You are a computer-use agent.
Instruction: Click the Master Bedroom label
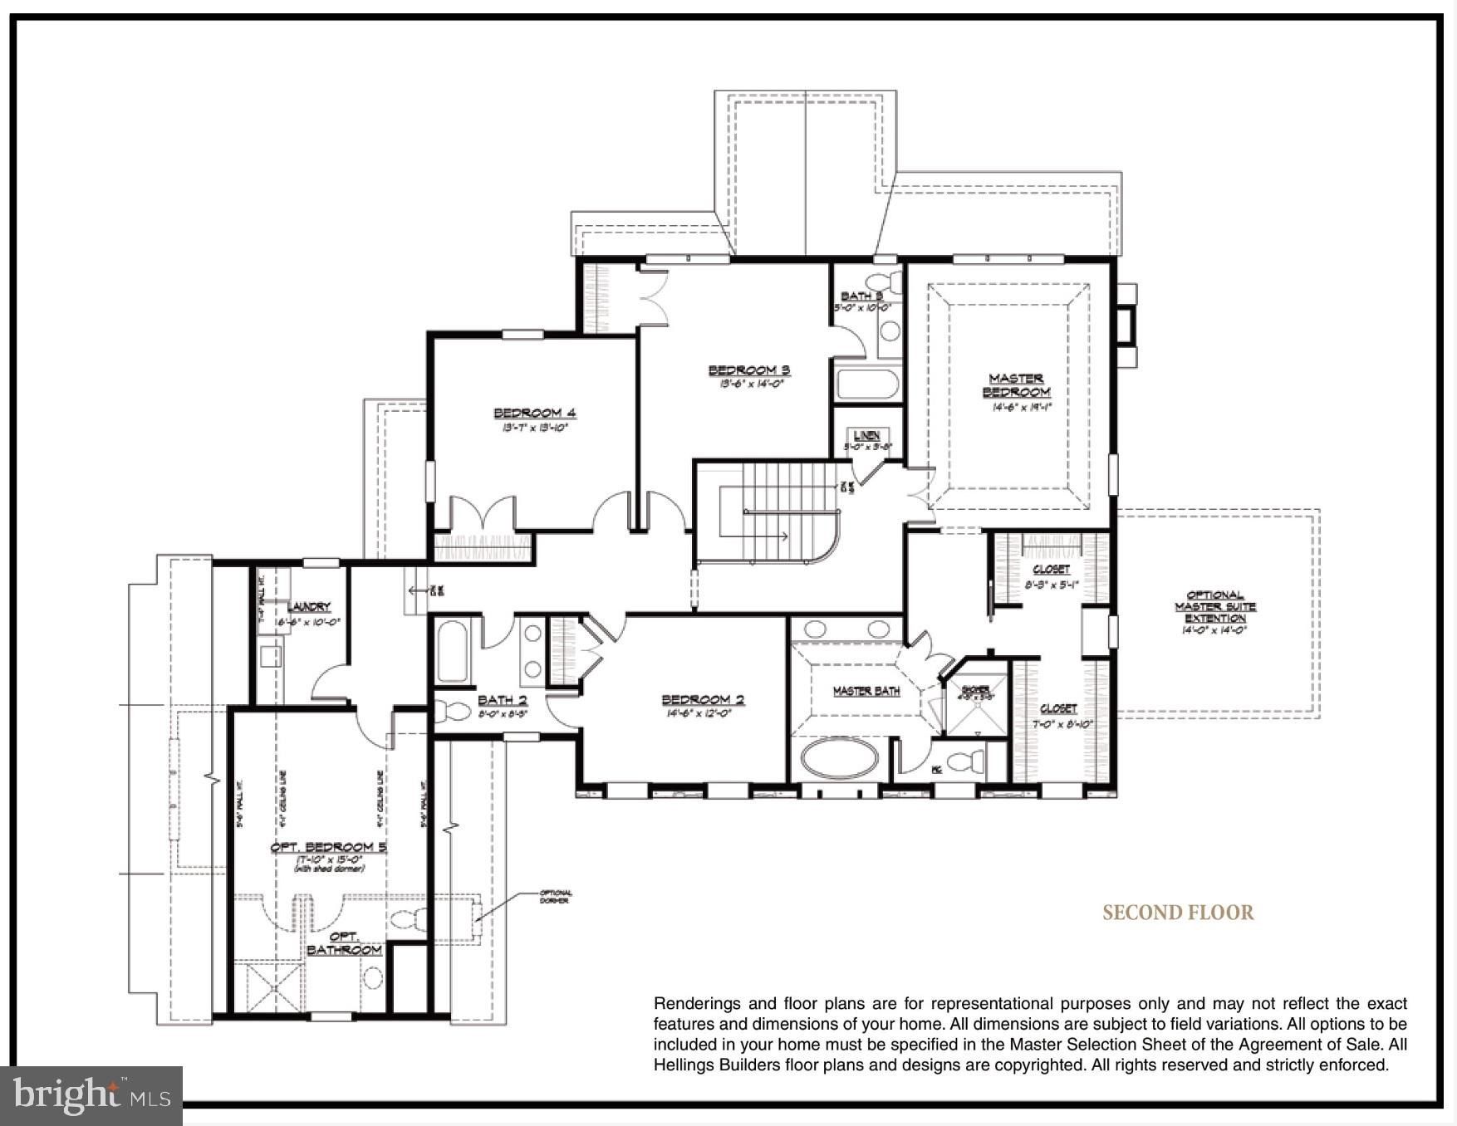pos(1016,385)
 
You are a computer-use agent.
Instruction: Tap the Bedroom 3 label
pos(748,370)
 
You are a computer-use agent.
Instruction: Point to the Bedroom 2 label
pos(703,699)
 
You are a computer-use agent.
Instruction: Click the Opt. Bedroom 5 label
pos(328,847)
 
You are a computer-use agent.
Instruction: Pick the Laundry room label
pos(308,607)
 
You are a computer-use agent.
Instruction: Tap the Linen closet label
pos(866,435)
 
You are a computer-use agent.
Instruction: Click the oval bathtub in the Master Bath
pos(839,757)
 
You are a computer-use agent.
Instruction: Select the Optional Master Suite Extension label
pos(1214,607)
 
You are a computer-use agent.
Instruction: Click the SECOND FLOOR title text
pos(1177,913)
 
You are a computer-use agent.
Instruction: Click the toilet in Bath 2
pos(454,711)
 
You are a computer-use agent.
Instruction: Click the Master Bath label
pos(866,691)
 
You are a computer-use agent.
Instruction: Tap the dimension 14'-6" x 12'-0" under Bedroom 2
pos(698,713)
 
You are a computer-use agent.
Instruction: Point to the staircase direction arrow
pos(768,536)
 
